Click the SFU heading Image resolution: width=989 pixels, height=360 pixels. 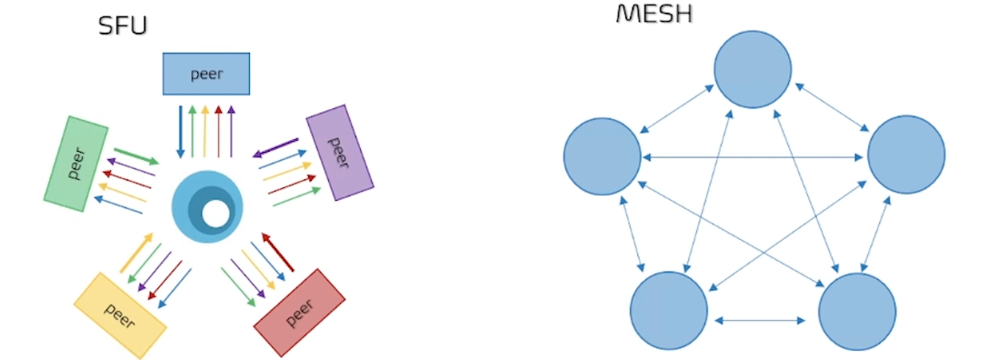[123, 26]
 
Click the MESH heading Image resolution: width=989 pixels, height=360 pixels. [654, 14]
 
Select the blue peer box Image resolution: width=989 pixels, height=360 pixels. [206, 74]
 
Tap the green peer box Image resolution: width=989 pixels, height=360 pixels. [76, 164]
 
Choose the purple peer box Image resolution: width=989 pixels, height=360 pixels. [340, 151]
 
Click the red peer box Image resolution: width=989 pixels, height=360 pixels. [300, 312]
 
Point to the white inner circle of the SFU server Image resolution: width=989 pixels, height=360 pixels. [215, 214]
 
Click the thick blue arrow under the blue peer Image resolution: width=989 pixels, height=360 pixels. [180, 132]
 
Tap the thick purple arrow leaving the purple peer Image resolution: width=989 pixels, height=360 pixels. [275, 147]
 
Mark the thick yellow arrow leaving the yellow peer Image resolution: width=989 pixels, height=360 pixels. [136, 253]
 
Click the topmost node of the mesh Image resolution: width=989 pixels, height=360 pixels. [753, 69]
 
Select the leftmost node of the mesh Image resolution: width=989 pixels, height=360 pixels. [602, 155]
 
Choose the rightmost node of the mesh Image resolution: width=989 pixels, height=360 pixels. [906, 155]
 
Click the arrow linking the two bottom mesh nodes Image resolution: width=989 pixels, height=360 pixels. [761, 320]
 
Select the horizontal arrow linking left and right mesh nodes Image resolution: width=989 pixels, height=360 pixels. [754, 157]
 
